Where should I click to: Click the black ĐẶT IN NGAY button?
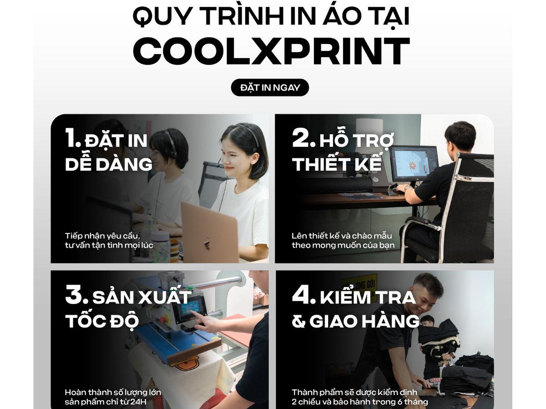click(x=270, y=87)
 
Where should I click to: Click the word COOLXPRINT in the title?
click(x=272, y=51)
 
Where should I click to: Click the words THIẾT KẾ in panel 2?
click(x=337, y=164)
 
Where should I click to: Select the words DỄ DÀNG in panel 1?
click(x=108, y=164)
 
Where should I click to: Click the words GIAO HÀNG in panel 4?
click(x=364, y=321)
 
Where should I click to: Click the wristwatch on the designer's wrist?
click(x=406, y=188)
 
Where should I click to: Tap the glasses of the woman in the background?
click(x=154, y=155)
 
